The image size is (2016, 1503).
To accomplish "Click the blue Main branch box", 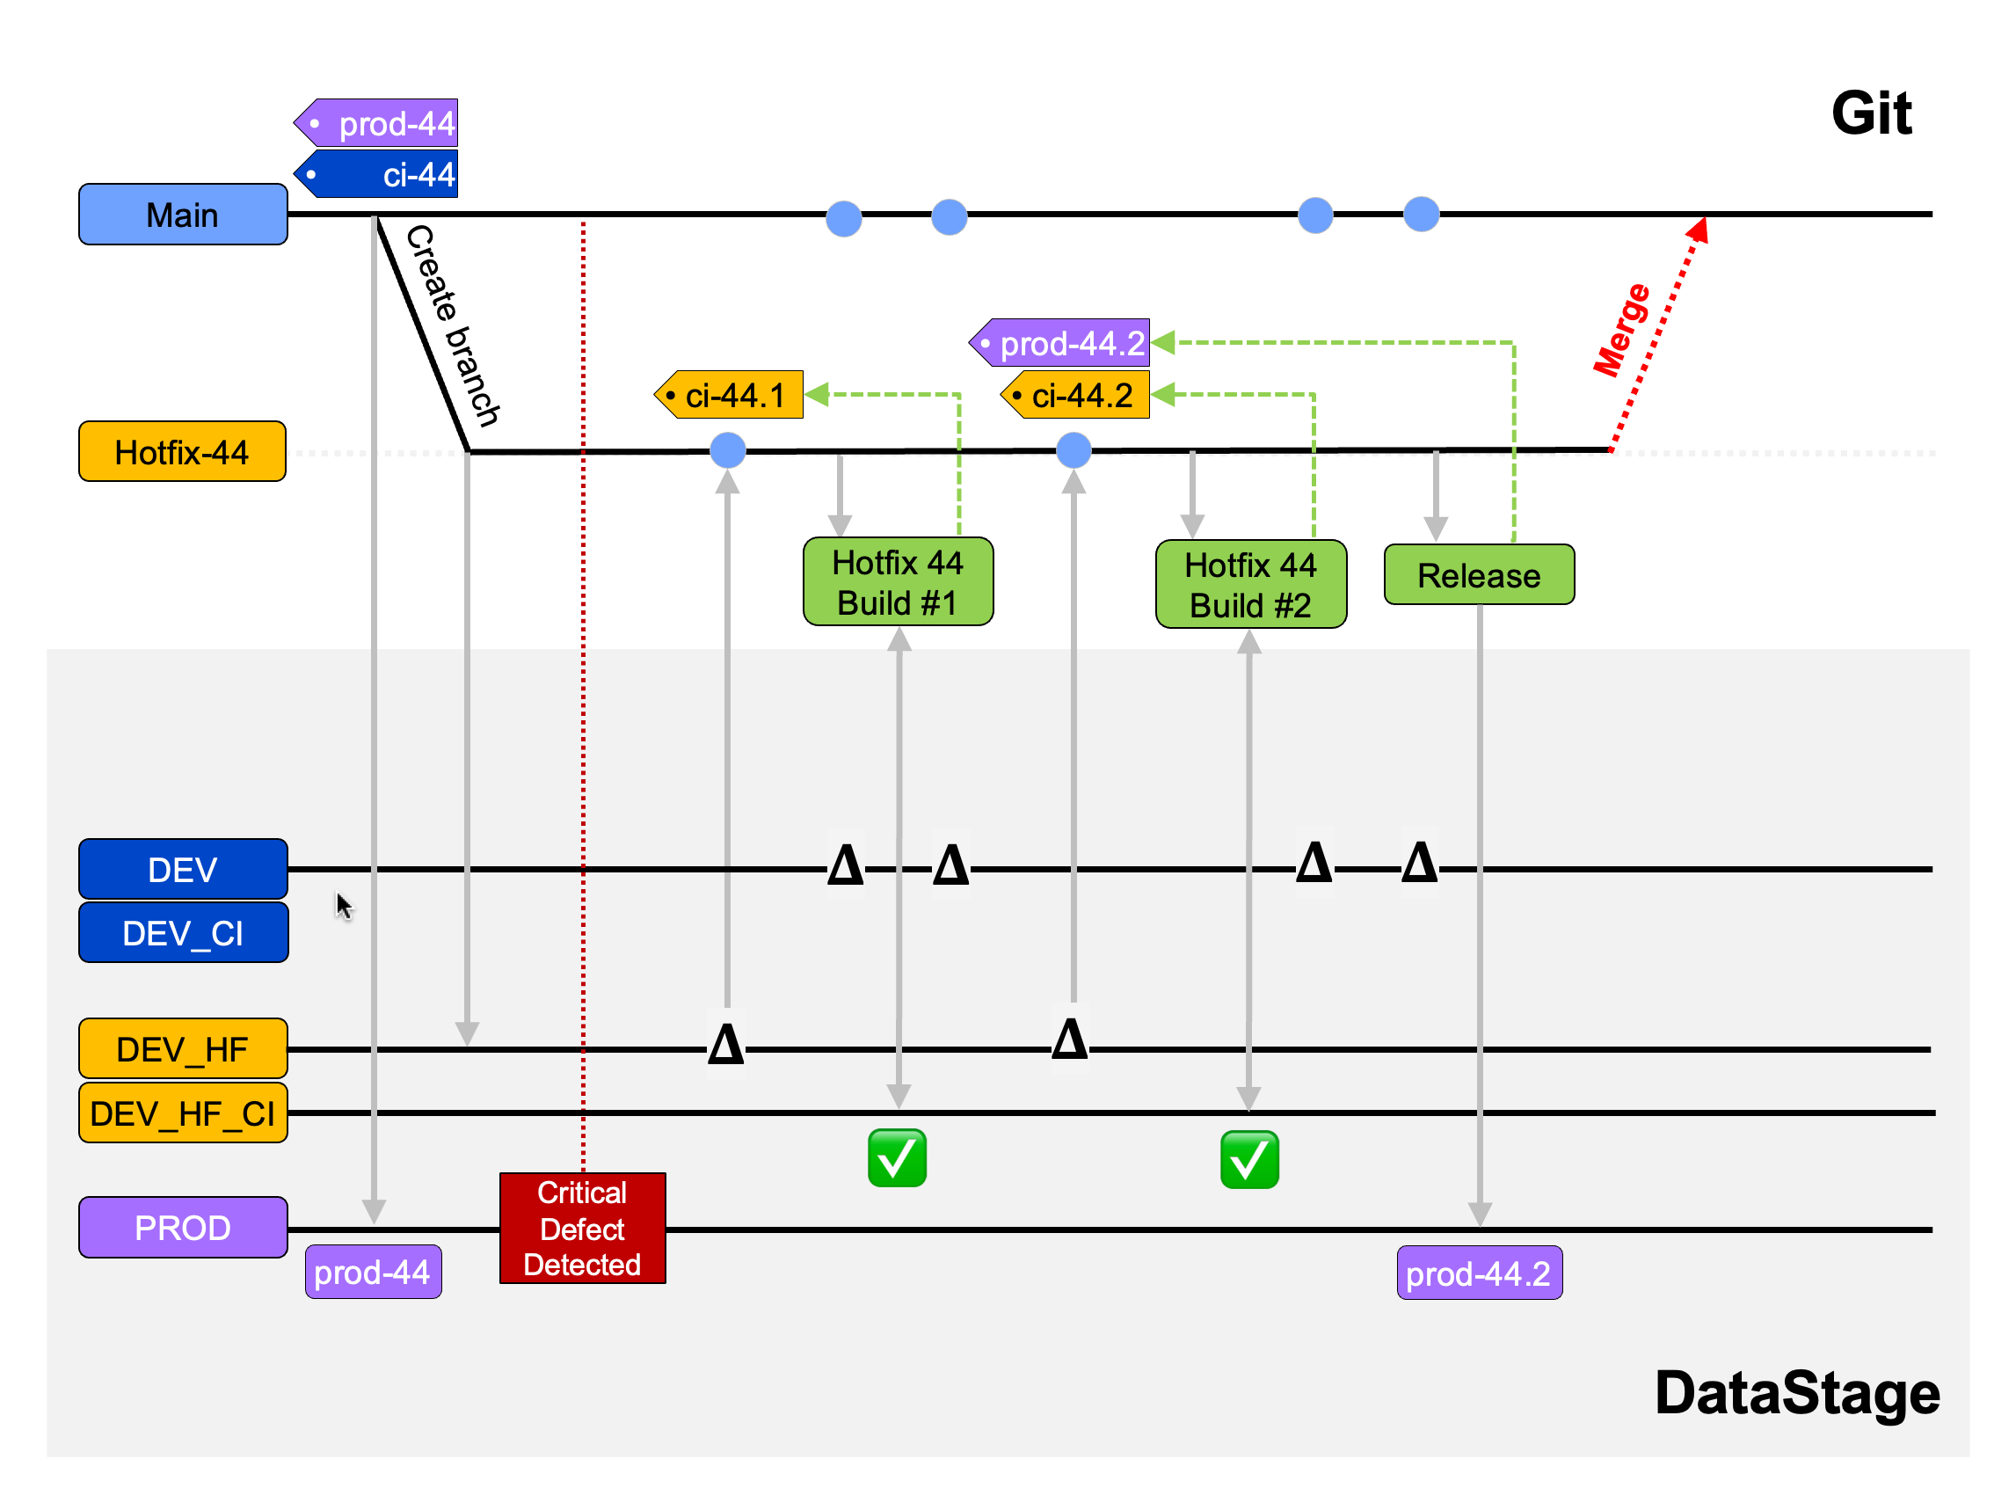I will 183,215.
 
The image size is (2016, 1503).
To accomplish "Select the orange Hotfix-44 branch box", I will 182,451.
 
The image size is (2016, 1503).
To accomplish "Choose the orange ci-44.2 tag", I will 1077,395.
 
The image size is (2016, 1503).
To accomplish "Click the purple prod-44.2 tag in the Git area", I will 1062,343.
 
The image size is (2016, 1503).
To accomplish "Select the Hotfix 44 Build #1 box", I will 898,582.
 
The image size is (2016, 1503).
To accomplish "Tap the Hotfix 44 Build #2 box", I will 1250,585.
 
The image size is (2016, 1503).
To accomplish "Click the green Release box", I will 1479,575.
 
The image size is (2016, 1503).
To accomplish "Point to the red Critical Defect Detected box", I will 582,1229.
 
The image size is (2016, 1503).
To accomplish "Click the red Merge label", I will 1621,329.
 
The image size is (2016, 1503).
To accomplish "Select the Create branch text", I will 452,325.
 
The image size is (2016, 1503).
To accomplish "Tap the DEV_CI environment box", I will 183,932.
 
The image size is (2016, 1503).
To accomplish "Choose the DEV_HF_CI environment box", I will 183,1113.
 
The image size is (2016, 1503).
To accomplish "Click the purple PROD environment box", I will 183,1228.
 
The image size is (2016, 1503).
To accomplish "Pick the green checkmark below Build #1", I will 897,1158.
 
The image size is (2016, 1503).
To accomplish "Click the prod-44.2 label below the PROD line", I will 1479,1273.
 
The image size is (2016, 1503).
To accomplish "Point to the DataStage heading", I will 1797,1393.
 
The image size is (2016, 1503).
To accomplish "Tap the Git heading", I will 1871,113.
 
